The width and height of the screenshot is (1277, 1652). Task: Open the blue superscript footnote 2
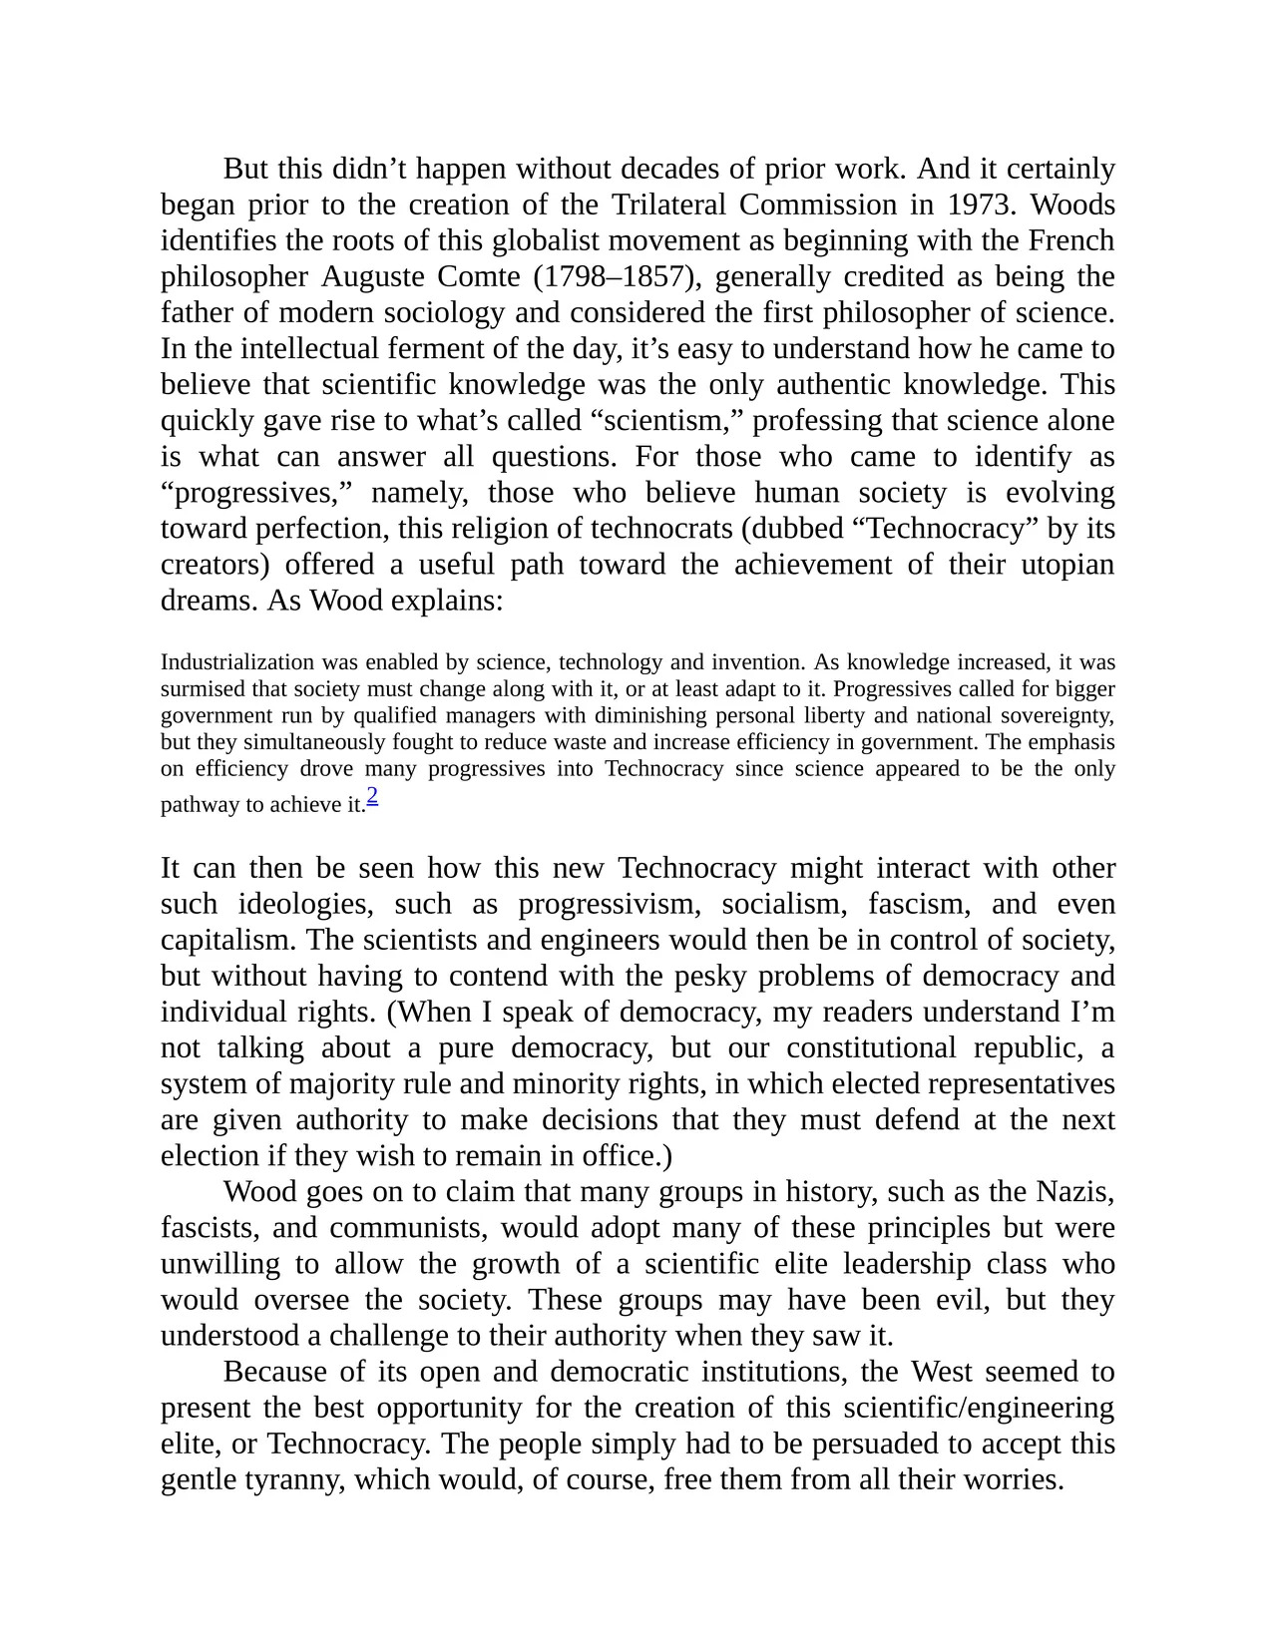(372, 795)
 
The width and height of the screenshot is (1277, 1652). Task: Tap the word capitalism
(227, 940)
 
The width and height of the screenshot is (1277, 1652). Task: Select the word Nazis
(1074, 1191)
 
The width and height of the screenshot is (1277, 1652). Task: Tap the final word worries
(1014, 1478)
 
